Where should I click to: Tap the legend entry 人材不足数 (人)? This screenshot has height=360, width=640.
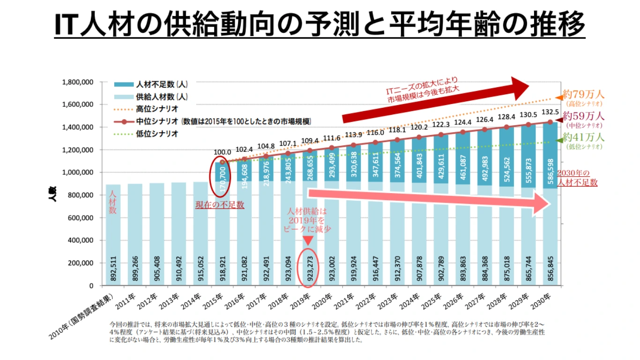click(162, 85)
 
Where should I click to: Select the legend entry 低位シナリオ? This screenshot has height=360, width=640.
click(156, 134)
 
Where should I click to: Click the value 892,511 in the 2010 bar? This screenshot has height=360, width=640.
click(113, 269)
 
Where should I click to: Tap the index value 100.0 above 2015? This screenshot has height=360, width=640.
click(222, 152)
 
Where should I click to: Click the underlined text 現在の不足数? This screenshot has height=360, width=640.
click(220, 205)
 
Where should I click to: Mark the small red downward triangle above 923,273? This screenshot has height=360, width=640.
click(308, 240)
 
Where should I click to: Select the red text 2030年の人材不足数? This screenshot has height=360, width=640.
click(577, 178)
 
